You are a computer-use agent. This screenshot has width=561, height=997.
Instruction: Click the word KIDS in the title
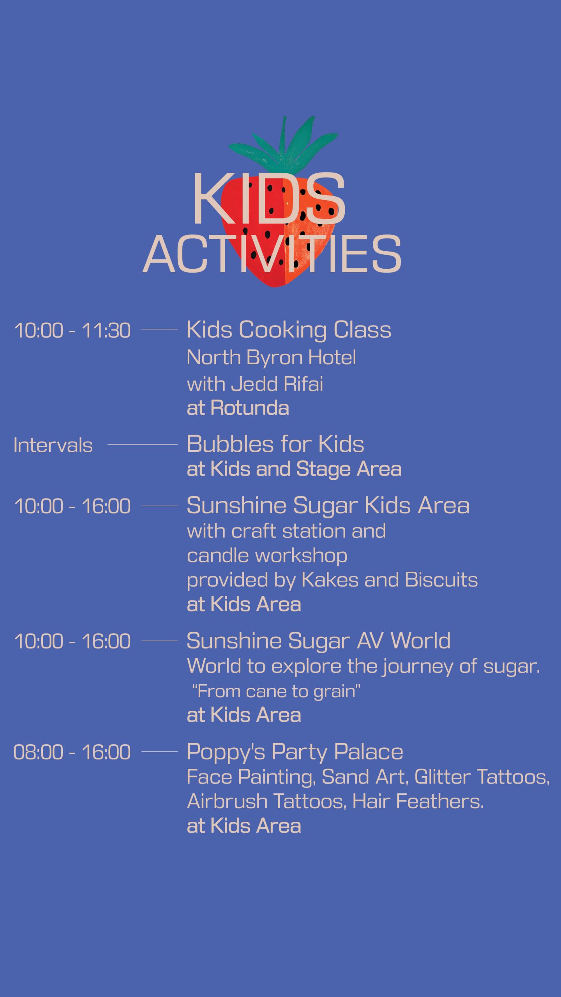pos(269,199)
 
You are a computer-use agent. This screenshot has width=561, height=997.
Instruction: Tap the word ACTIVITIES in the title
pos(272,254)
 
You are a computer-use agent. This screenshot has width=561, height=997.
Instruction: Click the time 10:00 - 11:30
pos(72,330)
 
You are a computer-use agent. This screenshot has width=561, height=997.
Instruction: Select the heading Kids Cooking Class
pos(289,330)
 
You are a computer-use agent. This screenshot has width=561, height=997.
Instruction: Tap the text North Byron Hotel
pos(271,358)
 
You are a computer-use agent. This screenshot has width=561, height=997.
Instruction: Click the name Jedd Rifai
pos(277,384)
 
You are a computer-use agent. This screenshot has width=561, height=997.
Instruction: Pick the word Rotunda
pos(250,408)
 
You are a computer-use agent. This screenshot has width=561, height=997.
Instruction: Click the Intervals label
pos(53,445)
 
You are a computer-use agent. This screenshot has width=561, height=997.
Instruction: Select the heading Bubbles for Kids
pos(275,444)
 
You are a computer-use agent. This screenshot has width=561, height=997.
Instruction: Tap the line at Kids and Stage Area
pos(294,469)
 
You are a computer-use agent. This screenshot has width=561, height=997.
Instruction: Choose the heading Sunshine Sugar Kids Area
pos(328,506)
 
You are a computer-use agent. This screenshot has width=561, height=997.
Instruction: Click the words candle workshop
pos(267,556)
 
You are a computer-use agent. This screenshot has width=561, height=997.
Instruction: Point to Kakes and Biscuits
pos(390,580)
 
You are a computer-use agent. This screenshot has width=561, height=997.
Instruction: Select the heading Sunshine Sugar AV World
pos(318,641)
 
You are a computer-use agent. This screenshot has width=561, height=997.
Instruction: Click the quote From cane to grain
pos(276,692)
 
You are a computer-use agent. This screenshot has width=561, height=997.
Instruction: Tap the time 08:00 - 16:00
pos(72,752)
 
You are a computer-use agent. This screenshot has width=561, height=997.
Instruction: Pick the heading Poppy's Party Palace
pos(295,752)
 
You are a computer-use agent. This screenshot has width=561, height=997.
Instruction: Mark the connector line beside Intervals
pos(143,444)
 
